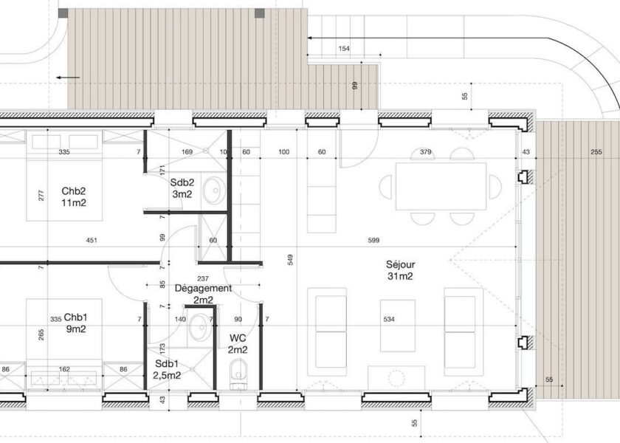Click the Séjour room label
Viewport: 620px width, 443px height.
pos(401,270)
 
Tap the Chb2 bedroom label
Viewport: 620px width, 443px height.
pos(74,197)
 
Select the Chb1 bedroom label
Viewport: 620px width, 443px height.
pos(75,323)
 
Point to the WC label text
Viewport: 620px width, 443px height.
pos(238,344)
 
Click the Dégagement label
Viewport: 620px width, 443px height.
pos(203,294)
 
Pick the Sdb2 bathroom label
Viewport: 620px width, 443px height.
pos(182,188)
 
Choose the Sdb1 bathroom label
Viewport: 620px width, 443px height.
pos(167,369)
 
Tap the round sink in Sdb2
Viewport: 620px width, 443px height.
pos(214,191)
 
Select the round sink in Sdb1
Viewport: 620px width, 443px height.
pos(200,328)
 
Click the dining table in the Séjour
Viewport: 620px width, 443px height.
pos(441,186)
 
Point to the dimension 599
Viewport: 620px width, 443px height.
pos(373,240)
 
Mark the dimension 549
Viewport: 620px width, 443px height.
pos(290,259)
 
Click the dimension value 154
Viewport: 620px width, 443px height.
pos(344,49)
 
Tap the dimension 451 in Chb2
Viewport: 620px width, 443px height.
pos(92,240)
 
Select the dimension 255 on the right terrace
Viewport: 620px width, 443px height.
pos(596,152)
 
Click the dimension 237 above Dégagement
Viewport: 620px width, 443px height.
pos(203,279)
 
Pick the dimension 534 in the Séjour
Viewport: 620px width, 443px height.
pos(389,319)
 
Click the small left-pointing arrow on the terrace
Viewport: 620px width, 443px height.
pos(68,78)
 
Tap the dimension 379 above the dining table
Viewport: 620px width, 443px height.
pos(425,152)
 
